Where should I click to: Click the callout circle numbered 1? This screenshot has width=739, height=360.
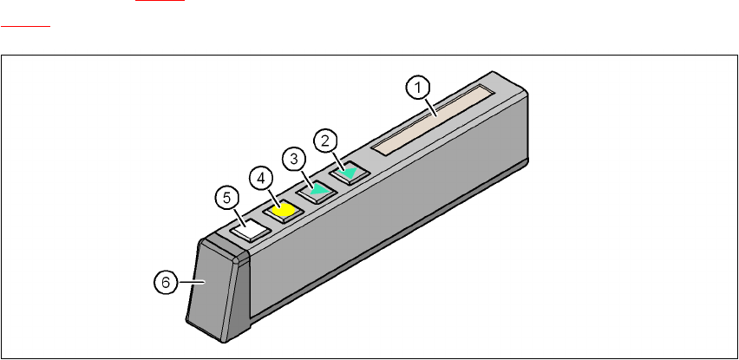[x=418, y=87]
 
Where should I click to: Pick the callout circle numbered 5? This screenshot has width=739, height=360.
[x=226, y=199]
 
